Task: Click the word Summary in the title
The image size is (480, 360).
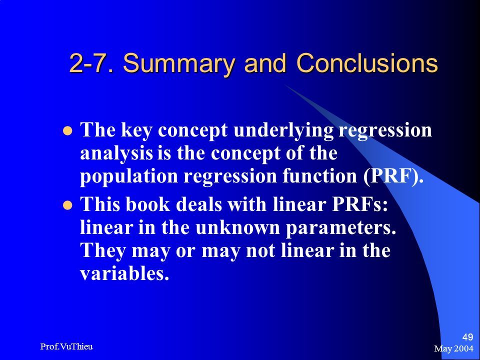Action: pyautogui.click(x=179, y=63)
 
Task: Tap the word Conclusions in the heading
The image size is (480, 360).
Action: pyautogui.click(x=367, y=63)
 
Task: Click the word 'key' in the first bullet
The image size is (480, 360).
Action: pyautogui.click(x=136, y=130)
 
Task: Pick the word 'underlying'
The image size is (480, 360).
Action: pyautogui.click(x=283, y=130)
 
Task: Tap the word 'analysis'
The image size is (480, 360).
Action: pyautogui.click(x=116, y=153)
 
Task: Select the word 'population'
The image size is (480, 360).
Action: pyautogui.click(x=129, y=177)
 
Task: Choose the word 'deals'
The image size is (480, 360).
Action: pyautogui.click(x=198, y=204)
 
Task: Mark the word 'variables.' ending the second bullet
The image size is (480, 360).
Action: pyautogui.click(x=124, y=273)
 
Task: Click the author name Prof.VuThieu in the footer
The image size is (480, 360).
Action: pyautogui.click(x=66, y=346)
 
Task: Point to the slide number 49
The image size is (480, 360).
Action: pyautogui.click(x=467, y=337)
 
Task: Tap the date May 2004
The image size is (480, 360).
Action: pyautogui.click(x=453, y=348)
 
